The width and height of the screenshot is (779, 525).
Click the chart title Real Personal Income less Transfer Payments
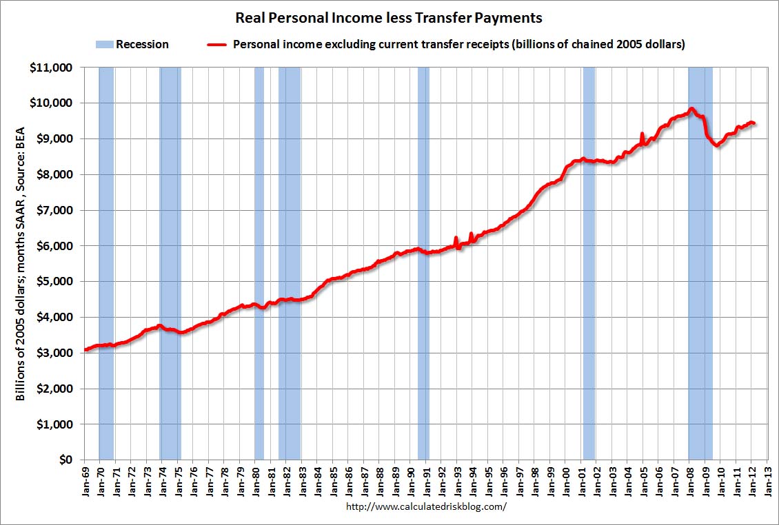389,17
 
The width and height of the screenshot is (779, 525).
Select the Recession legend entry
132,45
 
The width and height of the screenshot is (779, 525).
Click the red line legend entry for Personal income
447,45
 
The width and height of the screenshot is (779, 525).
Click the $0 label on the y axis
65,460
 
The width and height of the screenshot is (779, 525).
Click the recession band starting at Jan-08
700,276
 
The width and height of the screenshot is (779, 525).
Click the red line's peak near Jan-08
691,109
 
